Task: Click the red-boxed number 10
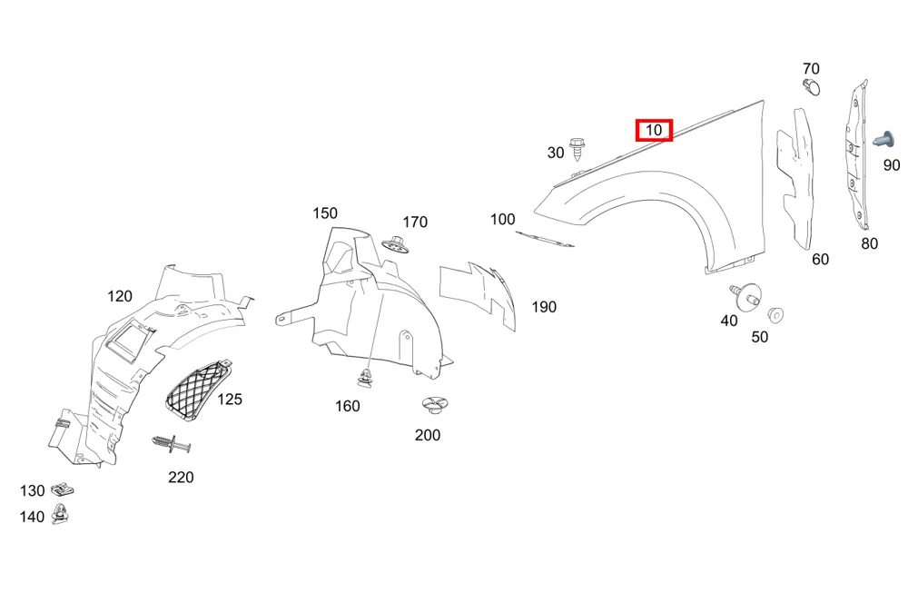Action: pyautogui.click(x=654, y=131)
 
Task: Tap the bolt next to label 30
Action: pyautogui.click(x=577, y=149)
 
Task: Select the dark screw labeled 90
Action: pyautogui.click(x=883, y=140)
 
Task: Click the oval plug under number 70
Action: pyautogui.click(x=813, y=87)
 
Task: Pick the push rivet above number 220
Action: pyautogui.click(x=172, y=445)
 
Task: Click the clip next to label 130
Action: pyautogui.click(x=62, y=490)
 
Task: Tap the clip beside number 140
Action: pyautogui.click(x=60, y=514)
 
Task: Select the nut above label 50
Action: pyautogui.click(x=775, y=315)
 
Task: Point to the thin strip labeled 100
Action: pyautogui.click(x=544, y=239)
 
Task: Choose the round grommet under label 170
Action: pyautogui.click(x=397, y=244)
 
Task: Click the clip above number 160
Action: pyautogui.click(x=365, y=377)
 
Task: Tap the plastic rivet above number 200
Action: pyautogui.click(x=435, y=404)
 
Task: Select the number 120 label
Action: pyautogui.click(x=120, y=296)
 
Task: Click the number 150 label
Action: pyautogui.click(x=325, y=213)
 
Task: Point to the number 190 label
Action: pyautogui.click(x=544, y=307)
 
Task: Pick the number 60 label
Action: pyautogui.click(x=821, y=259)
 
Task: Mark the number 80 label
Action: pyautogui.click(x=869, y=244)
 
